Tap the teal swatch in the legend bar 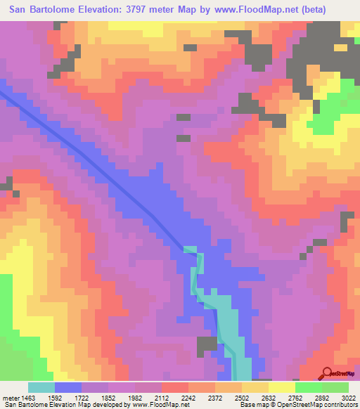[x=41, y=387]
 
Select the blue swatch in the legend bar [x=68, y=387]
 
